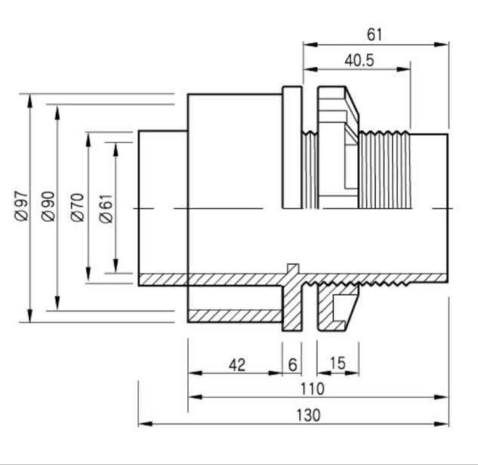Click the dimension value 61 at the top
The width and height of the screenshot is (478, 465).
(374, 35)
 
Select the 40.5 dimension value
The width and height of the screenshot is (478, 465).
(359, 60)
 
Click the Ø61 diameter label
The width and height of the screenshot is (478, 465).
(106, 209)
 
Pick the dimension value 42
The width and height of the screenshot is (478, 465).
(237, 365)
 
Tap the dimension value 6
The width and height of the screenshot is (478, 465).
(293, 365)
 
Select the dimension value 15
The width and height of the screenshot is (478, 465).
(338, 363)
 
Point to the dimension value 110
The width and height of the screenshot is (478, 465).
(312, 389)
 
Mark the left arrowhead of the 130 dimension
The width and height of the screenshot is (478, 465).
(145, 424)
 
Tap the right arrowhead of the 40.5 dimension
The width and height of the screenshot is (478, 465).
(404, 69)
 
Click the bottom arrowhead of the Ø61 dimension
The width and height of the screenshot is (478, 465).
(116, 265)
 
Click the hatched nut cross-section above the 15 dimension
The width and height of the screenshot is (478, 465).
(335, 308)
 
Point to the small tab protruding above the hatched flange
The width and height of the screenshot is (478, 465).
(293, 268)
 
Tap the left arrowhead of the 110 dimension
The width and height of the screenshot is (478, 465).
(195, 397)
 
